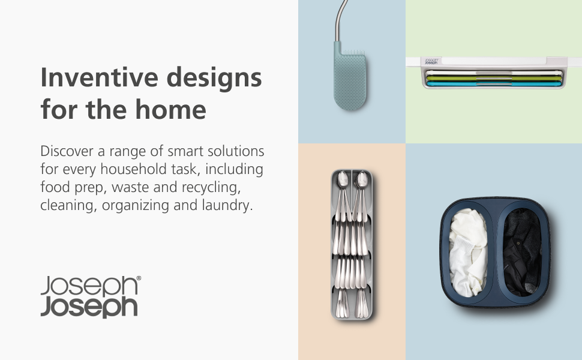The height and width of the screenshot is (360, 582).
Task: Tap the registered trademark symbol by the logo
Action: click(139, 279)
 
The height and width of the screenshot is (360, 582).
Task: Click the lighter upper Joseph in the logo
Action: click(89, 286)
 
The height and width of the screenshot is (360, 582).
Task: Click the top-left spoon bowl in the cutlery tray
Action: click(341, 178)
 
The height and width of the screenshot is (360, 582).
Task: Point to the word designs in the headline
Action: click(217, 79)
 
